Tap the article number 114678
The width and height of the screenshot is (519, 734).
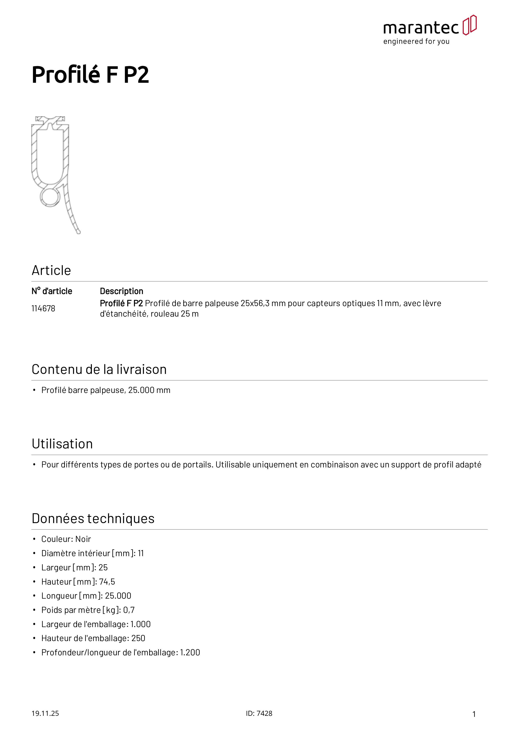tap(43, 308)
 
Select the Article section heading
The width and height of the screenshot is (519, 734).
tap(51, 271)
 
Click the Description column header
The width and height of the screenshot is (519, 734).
tap(122, 291)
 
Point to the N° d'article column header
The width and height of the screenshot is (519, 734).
tap(52, 291)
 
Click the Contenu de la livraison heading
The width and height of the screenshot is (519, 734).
tap(99, 370)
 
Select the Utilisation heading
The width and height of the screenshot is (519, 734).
tap(62, 444)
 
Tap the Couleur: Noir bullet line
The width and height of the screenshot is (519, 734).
tap(66, 539)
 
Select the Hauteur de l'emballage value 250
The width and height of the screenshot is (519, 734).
tap(138, 638)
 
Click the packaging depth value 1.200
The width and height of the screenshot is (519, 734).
tap(190, 652)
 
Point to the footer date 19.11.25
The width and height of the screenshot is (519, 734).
tap(45, 713)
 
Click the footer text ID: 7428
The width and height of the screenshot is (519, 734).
tap(259, 713)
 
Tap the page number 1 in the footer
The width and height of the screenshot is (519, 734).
tap(474, 714)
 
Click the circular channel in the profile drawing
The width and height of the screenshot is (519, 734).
tap(50, 197)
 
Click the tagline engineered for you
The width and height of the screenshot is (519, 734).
tap(416, 42)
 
